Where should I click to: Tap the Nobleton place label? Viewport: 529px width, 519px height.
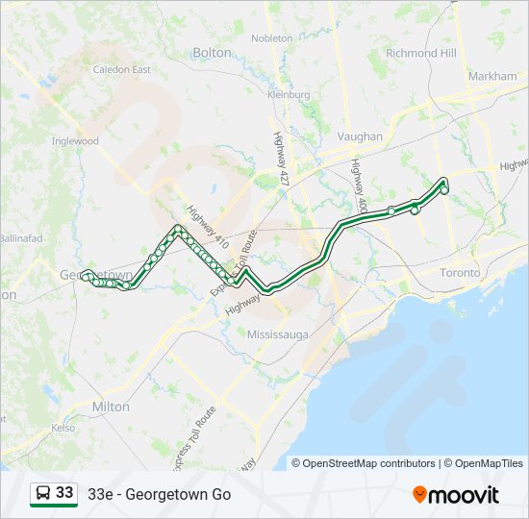click(x=272, y=38)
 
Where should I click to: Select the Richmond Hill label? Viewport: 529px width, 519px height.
click(x=421, y=54)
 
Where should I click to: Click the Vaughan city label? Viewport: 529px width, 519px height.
click(x=361, y=137)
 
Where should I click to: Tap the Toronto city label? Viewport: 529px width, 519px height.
click(x=459, y=273)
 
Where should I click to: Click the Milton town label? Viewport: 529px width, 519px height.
click(x=111, y=407)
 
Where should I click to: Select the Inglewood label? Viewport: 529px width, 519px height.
click(x=75, y=141)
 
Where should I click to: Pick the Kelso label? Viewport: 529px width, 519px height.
click(x=63, y=427)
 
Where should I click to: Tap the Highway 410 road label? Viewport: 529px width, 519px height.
click(x=204, y=227)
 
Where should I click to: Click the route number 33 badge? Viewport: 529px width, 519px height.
click(x=64, y=493)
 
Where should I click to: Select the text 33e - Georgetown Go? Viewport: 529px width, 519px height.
click(x=160, y=495)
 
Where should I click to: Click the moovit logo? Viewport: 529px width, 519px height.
click(x=456, y=495)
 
